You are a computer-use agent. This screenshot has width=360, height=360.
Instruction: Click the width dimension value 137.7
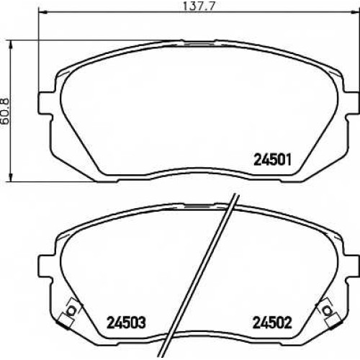[x=198, y=6]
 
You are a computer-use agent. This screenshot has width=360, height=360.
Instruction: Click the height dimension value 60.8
[x=5, y=111]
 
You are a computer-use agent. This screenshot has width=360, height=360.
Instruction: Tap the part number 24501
[x=272, y=160]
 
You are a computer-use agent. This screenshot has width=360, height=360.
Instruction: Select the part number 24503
[x=126, y=323]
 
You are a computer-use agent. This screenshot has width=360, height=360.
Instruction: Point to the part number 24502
[x=272, y=323]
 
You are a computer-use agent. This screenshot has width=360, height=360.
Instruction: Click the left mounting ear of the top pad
[x=45, y=103]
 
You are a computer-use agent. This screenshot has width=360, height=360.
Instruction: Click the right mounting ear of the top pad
[x=352, y=103]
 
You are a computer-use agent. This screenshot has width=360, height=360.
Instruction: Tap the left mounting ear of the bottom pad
[x=45, y=266]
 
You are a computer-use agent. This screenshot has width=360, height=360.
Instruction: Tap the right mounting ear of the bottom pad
[x=352, y=266]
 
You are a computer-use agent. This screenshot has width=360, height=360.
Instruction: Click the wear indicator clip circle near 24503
[x=71, y=310]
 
